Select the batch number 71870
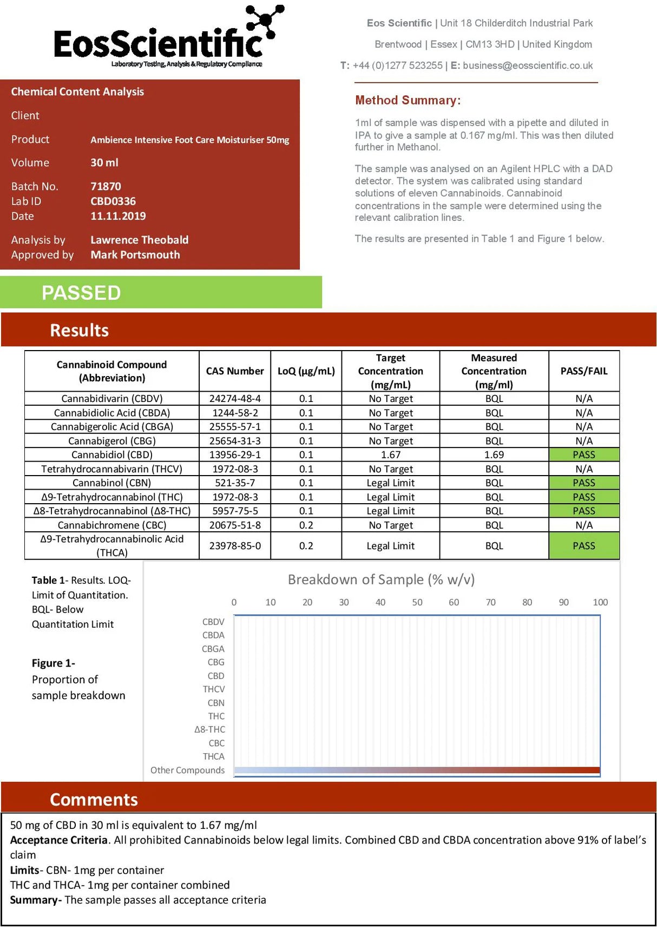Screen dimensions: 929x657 coord(106,187)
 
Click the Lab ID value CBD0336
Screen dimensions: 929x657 coord(113,201)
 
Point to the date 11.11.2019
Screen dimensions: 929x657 coord(118,216)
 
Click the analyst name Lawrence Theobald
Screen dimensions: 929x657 coord(139,240)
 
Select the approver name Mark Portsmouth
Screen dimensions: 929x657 coord(135,255)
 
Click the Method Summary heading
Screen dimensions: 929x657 coord(408,100)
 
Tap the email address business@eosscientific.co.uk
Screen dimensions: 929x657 coord(528,65)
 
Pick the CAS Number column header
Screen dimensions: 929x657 coord(235,371)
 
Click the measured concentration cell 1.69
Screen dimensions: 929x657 coord(494,455)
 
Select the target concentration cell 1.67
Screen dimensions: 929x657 coord(390,455)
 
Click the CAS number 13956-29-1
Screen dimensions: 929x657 coord(235,455)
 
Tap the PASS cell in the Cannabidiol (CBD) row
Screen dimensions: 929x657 coord(583,455)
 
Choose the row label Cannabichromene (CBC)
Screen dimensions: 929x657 coord(112,525)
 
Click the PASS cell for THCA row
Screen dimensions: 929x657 coord(583,546)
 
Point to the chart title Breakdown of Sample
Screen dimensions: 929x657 coord(381,579)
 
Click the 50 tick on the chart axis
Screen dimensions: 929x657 coord(417,602)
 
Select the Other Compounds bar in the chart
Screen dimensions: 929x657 coord(417,770)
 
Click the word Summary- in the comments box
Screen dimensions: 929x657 coord(35,900)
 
